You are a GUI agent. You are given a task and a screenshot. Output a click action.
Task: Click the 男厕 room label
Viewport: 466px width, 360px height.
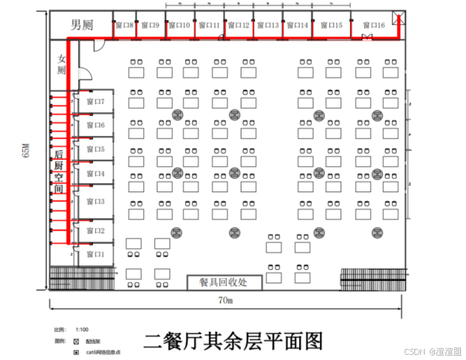(x=82, y=25)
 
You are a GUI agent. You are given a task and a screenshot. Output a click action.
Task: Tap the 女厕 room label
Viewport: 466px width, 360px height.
(x=61, y=64)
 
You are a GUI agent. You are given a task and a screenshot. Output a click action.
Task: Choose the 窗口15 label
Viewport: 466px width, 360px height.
(x=329, y=26)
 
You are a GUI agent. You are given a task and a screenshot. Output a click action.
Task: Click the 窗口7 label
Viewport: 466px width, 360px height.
(x=95, y=101)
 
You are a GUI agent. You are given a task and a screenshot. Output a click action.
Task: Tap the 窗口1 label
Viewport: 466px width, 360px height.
(x=95, y=254)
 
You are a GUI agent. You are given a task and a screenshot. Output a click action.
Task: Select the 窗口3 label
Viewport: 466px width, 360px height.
(x=95, y=201)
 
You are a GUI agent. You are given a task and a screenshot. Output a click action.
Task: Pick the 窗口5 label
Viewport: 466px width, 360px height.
(x=95, y=149)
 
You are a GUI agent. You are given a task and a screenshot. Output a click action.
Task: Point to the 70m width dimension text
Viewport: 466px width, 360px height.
(x=225, y=301)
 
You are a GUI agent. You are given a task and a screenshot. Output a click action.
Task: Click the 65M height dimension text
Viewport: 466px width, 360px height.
(x=25, y=151)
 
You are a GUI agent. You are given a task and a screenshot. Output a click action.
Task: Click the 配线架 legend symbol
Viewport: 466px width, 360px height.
(x=76, y=342)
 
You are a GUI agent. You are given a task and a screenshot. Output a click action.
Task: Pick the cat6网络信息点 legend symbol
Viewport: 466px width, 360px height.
(x=76, y=353)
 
